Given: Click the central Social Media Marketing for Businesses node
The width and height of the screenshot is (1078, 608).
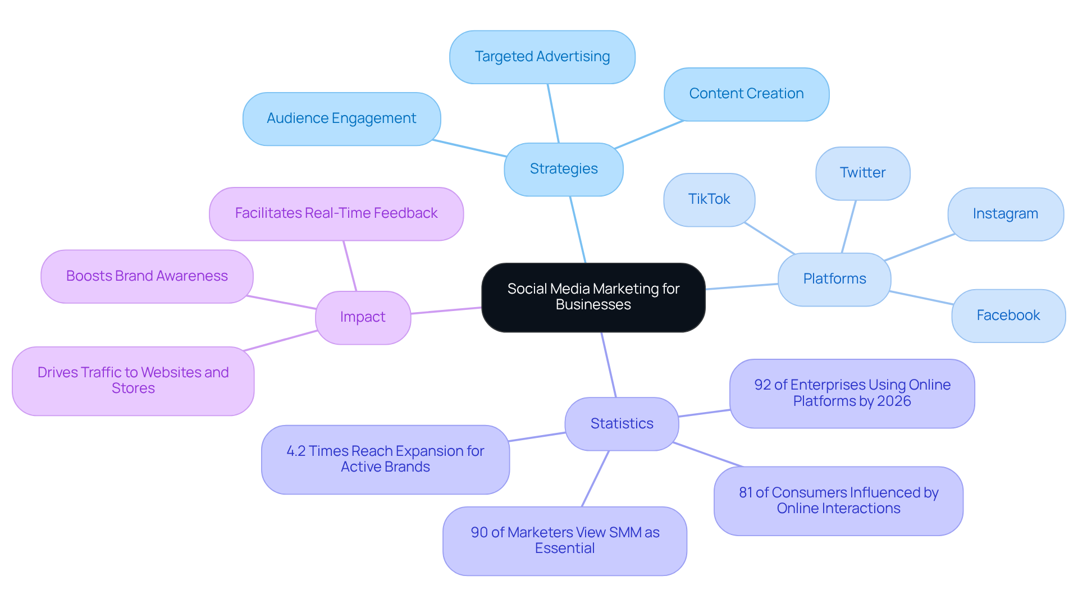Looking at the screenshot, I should [593, 297].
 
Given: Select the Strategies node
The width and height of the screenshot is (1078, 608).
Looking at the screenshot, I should [564, 169].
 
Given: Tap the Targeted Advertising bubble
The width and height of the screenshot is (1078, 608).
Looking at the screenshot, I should [542, 57].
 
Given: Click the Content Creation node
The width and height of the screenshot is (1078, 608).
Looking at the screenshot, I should [746, 94].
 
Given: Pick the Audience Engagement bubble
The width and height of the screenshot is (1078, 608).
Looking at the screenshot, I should [341, 118].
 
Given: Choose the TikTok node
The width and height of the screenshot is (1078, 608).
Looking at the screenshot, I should [709, 199].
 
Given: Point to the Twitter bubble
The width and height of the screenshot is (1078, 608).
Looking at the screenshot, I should [862, 173].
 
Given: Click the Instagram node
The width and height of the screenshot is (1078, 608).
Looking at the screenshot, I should [1005, 214].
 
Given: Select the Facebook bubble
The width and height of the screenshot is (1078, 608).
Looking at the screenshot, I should [1008, 316].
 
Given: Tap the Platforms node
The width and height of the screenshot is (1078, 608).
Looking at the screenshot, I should [834, 279].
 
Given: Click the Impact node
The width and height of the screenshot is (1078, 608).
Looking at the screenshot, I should [363, 317].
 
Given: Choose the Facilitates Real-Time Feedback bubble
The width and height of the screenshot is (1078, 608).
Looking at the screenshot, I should [336, 213].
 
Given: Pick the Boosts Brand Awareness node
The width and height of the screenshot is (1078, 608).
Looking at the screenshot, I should [147, 276].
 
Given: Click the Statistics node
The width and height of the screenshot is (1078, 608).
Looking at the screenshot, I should [622, 424].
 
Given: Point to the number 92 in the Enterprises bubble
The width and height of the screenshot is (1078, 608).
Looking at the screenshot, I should [762, 385].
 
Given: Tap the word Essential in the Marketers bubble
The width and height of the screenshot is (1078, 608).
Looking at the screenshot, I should [564, 548].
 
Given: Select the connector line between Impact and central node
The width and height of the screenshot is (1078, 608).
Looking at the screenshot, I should [446, 310].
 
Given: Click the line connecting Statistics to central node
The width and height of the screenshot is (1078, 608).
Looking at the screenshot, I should [609, 365].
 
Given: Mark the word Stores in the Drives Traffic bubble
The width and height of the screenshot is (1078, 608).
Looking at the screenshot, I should [133, 388].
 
